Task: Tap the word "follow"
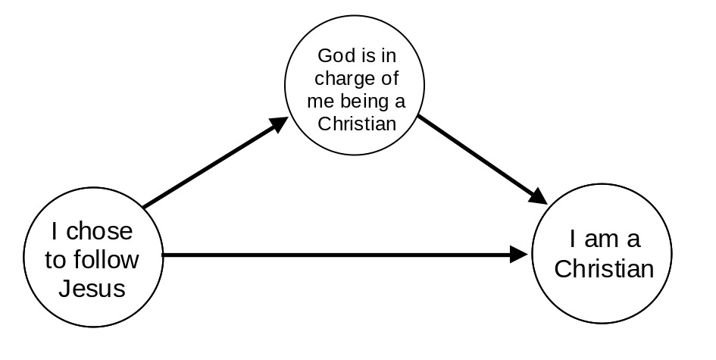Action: (x=111, y=260)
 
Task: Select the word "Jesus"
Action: (x=92, y=288)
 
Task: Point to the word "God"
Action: (x=335, y=55)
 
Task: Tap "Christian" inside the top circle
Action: (x=357, y=123)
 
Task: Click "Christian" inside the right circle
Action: (x=604, y=269)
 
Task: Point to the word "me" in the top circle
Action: (x=319, y=101)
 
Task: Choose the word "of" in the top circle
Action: (x=389, y=78)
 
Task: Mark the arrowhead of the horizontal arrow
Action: (x=520, y=255)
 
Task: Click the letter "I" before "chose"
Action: (x=55, y=231)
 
